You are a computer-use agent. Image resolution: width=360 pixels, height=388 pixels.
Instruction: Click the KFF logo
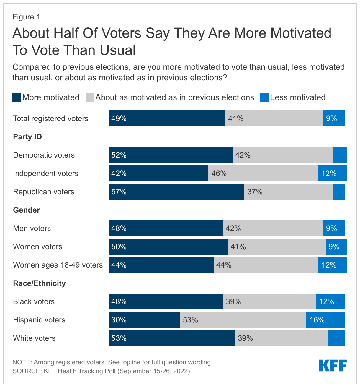(x=333, y=366)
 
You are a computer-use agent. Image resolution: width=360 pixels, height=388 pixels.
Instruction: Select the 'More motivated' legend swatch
(x=17, y=97)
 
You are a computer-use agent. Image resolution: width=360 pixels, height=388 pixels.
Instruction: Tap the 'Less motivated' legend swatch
(x=264, y=97)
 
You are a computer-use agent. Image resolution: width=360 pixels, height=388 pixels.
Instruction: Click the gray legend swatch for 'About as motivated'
(x=90, y=97)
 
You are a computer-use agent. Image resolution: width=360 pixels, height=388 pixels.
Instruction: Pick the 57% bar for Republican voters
(x=176, y=192)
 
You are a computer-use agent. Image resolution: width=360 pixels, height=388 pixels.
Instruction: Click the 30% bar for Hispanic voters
(x=144, y=320)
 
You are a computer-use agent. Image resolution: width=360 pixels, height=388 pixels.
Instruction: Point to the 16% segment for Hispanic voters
(x=325, y=320)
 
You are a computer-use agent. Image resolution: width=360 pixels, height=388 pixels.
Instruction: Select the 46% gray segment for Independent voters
(x=263, y=173)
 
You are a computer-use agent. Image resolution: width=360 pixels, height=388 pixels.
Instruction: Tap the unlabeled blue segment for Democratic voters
(x=340, y=155)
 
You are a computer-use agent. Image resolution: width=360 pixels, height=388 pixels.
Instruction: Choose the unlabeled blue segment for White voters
(x=336, y=338)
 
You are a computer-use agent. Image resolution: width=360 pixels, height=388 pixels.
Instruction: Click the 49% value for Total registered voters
(x=119, y=118)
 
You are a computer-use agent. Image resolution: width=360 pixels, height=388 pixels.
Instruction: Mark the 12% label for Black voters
(x=327, y=301)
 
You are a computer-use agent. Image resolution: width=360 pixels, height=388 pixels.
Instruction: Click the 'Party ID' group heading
(x=27, y=137)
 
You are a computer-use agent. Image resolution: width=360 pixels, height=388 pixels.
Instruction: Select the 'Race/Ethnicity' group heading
(x=39, y=283)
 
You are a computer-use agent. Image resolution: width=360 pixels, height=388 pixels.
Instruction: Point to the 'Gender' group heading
(x=27, y=210)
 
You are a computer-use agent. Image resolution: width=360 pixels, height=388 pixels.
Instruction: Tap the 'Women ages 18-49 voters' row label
(x=58, y=265)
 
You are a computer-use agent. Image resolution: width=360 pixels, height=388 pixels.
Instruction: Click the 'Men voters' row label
(x=32, y=228)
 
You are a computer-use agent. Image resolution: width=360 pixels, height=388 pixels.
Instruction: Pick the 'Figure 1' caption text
(x=26, y=17)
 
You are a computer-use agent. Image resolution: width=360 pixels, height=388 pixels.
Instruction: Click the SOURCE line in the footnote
(x=101, y=371)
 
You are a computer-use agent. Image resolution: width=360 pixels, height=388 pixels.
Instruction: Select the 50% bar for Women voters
(x=168, y=247)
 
